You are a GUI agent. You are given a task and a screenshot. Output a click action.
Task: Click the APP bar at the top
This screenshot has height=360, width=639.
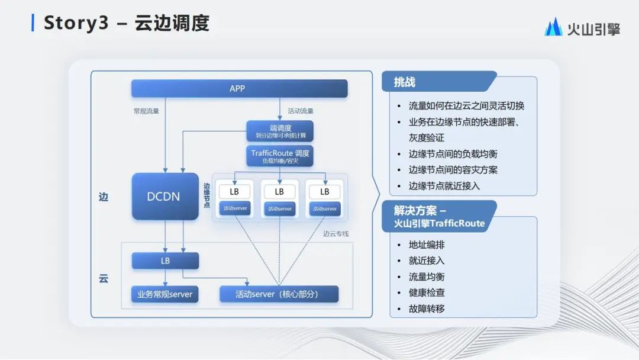coord(239,89)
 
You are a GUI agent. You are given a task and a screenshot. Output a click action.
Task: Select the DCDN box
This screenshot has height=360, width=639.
coord(165,197)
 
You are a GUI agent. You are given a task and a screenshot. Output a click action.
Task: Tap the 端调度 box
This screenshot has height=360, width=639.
coord(279,131)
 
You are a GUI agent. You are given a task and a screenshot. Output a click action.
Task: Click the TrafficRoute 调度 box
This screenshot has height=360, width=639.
coord(279,156)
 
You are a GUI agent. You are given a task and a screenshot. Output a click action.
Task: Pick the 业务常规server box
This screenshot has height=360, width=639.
coord(164,294)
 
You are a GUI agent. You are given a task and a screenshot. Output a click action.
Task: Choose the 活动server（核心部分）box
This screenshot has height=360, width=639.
coord(279,294)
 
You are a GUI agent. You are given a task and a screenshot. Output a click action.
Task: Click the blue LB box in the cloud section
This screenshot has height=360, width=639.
coord(165,261)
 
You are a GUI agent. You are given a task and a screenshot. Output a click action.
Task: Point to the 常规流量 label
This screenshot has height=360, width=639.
coord(146,111)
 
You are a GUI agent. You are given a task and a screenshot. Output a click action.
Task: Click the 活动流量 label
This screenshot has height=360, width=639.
coord(301,111)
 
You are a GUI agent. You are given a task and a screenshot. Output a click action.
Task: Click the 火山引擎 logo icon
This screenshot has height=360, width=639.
coord(553,27)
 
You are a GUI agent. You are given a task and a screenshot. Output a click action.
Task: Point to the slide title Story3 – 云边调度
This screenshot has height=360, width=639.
coord(127,24)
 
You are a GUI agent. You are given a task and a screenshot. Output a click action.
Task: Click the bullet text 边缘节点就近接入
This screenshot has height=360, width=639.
coord(444,186)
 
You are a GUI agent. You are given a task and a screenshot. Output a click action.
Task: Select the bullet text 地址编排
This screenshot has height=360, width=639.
coord(427,245)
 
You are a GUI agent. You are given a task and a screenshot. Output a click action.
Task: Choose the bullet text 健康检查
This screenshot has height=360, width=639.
coord(427,292)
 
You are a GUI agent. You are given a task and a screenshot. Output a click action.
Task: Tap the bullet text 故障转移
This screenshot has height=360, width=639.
coord(427,308)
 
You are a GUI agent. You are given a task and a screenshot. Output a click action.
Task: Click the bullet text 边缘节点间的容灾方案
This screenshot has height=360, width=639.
coord(453,170)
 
